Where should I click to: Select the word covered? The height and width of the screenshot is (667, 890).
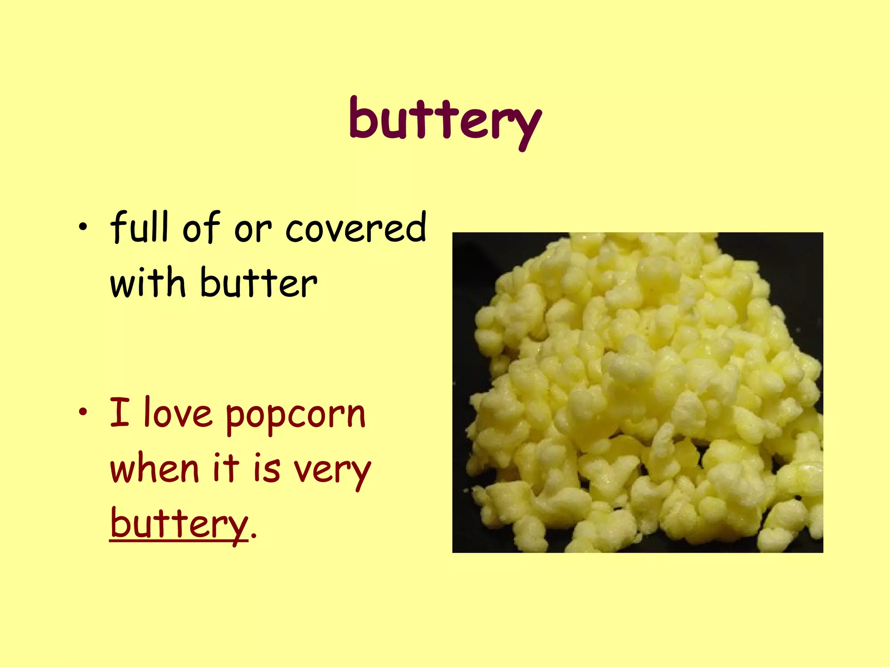coord(355,228)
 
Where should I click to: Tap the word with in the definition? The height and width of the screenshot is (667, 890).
coord(148,283)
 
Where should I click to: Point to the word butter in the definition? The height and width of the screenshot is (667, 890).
coord(259,283)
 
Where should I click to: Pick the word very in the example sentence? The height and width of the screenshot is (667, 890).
coord(332,471)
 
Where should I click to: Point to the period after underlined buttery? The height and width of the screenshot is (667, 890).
coord(254,536)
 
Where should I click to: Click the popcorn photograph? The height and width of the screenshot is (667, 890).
coord(638,392)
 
